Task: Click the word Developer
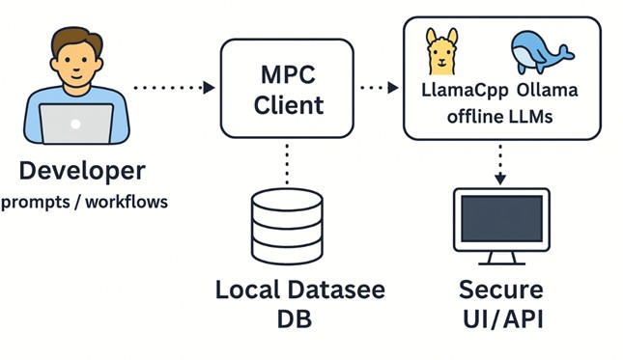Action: click(82, 172)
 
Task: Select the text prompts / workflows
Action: click(84, 202)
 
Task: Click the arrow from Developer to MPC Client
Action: click(173, 88)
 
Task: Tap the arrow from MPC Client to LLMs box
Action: click(377, 88)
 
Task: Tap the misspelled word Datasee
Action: click(338, 290)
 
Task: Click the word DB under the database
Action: click(286, 318)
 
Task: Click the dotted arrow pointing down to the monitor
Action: click(500, 165)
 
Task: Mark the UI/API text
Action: click(500, 318)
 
